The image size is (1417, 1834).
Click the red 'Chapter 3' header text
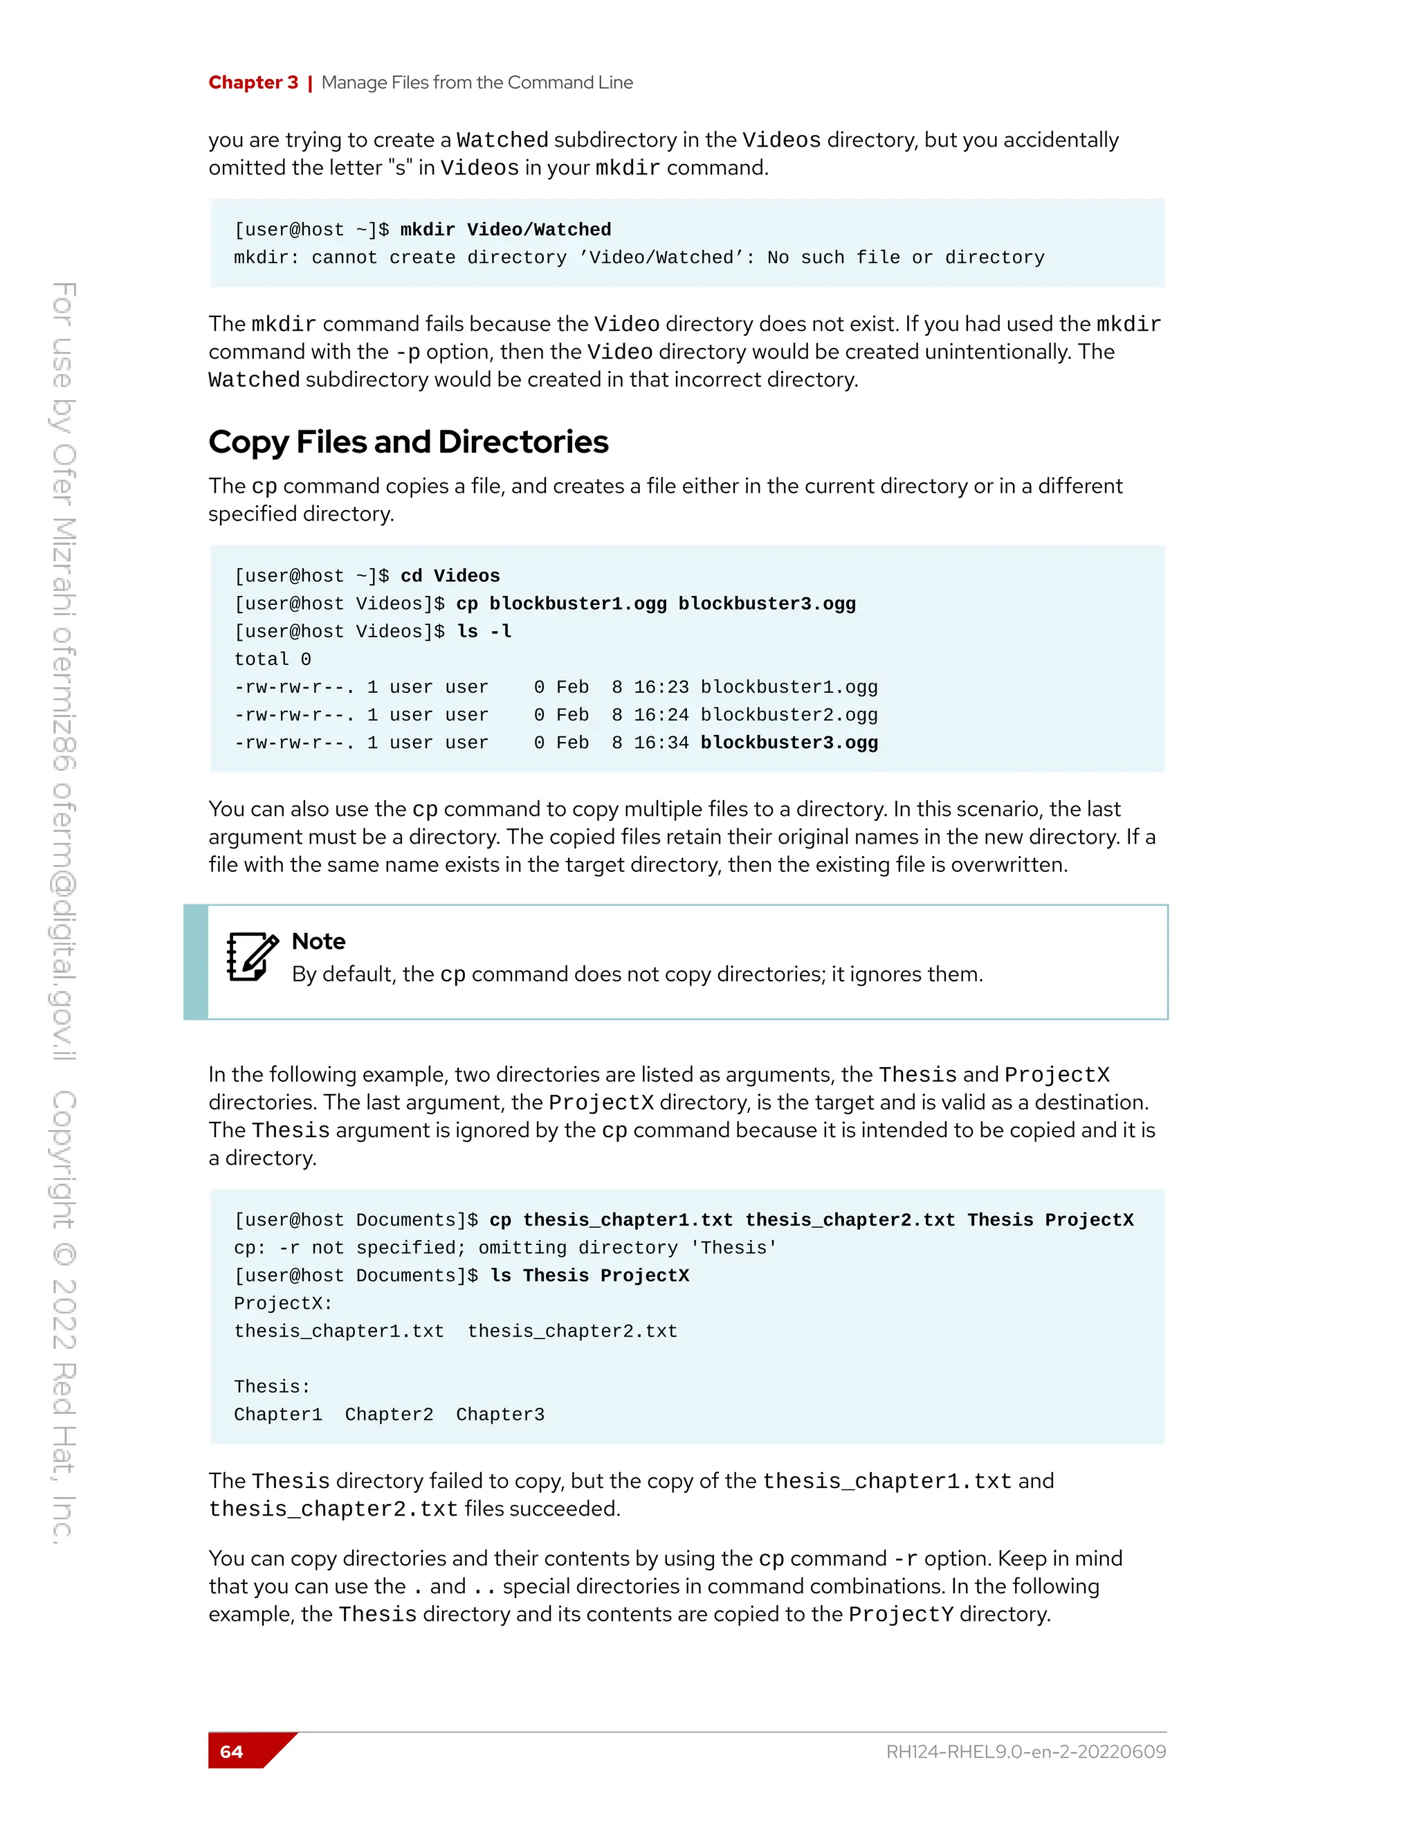(x=253, y=82)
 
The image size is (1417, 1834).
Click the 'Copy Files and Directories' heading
(x=408, y=442)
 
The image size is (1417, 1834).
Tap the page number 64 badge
(x=232, y=1751)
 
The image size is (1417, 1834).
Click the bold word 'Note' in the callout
(x=318, y=941)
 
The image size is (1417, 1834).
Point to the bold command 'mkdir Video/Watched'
(x=505, y=230)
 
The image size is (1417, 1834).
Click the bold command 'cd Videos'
(x=450, y=576)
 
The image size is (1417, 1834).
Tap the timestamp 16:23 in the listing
(x=661, y=687)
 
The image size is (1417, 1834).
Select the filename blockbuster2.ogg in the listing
(x=788, y=715)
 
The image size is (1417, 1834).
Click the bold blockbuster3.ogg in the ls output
(x=788, y=743)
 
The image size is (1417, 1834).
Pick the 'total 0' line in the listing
(x=272, y=659)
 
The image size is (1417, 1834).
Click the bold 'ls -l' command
(x=484, y=631)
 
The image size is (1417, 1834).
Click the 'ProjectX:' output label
(x=283, y=1303)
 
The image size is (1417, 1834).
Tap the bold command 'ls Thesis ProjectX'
(x=589, y=1275)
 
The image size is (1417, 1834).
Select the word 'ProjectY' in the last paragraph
(x=901, y=1614)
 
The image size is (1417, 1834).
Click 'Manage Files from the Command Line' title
(x=477, y=82)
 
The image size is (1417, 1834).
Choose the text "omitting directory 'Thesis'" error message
(x=628, y=1248)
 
